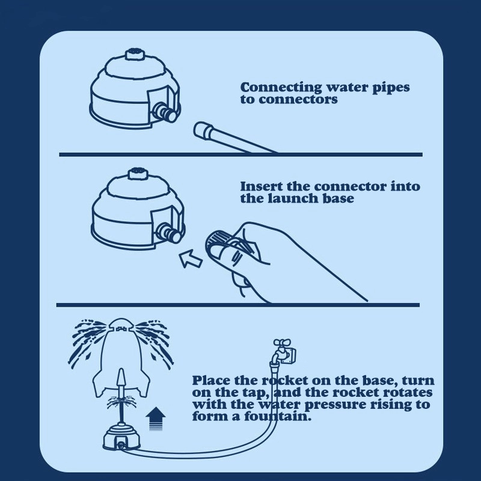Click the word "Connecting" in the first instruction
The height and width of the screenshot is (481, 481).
pos(281,87)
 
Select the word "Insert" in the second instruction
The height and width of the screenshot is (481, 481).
pos(261,186)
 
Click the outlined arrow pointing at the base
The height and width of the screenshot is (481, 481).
pos(190,258)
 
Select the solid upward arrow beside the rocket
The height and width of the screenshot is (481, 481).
pos(156,418)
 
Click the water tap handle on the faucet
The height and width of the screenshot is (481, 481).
pos(282,342)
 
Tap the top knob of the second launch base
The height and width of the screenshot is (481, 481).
pos(137,174)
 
